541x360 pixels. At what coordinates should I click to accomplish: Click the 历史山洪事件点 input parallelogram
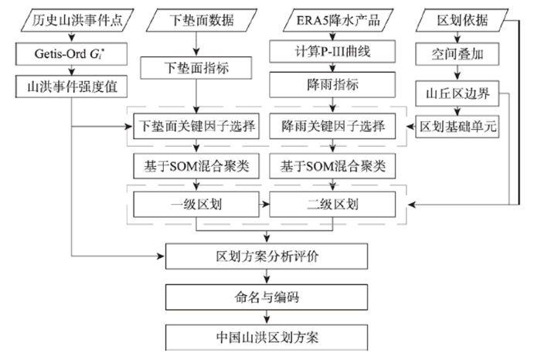(x=77, y=20)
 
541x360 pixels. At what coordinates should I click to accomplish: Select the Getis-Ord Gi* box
(x=71, y=54)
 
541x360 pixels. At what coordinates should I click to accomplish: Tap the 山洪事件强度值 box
(x=71, y=87)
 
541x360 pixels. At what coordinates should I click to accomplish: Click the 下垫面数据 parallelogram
(x=202, y=20)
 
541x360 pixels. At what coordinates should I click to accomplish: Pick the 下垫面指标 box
(x=196, y=68)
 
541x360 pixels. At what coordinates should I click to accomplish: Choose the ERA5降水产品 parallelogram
(x=339, y=20)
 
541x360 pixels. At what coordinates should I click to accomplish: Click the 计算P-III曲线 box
(x=332, y=52)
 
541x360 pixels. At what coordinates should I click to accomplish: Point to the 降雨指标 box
(x=332, y=84)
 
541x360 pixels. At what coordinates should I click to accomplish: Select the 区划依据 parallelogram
(x=462, y=20)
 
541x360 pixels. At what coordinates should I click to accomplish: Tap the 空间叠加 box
(x=458, y=54)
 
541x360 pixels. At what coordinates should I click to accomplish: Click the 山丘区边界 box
(x=458, y=93)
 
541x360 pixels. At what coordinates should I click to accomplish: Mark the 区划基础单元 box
(x=458, y=127)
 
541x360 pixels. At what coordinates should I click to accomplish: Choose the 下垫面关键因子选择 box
(x=196, y=126)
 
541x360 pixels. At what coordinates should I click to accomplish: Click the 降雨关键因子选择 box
(x=332, y=126)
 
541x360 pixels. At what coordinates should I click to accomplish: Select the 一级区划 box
(x=196, y=205)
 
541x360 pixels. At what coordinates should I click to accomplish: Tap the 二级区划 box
(x=332, y=205)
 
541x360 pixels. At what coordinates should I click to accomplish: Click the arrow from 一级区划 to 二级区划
(x=264, y=205)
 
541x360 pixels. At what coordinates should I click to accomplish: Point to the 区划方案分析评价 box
(x=267, y=256)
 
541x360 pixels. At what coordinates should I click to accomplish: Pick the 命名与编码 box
(x=267, y=297)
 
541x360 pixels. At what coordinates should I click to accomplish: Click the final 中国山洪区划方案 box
(x=267, y=338)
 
